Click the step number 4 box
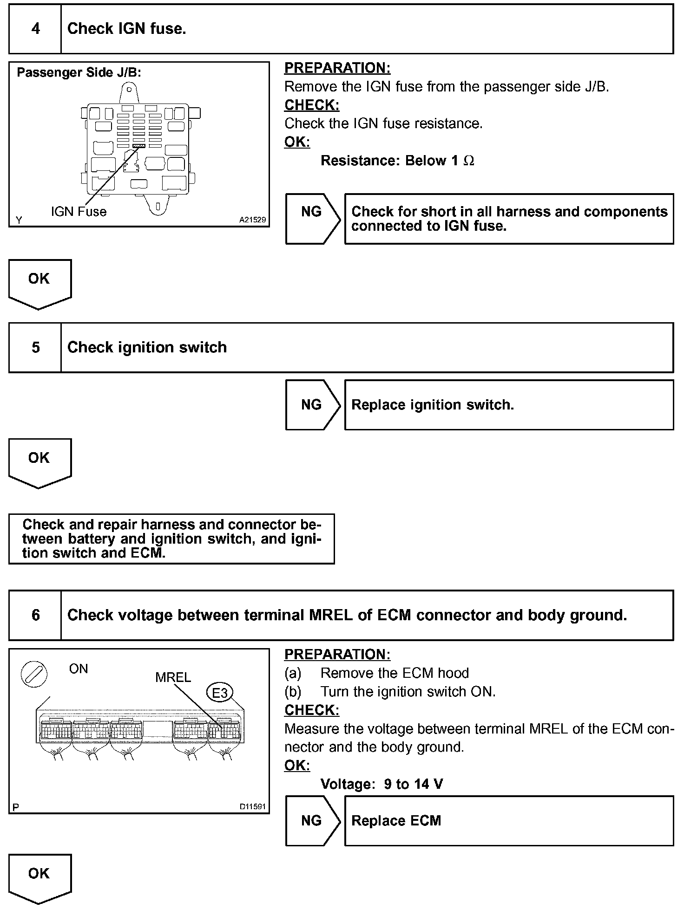click(35, 29)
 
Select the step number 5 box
click(35, 347)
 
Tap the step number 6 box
click(35, 615)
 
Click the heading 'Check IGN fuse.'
click(126, 29)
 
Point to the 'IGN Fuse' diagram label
click(79, 212)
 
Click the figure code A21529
click(252, 220)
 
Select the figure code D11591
click(252, 806)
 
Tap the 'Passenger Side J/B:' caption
click(79, 72)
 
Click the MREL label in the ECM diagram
click(173, 677)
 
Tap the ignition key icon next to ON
click(34, 674)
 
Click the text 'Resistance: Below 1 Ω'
click(397, 161)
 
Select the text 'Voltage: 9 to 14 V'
click(381, 784)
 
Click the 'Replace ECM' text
click(396, 820)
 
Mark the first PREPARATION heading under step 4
click(337, 68)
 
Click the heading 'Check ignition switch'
click(147, 347)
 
